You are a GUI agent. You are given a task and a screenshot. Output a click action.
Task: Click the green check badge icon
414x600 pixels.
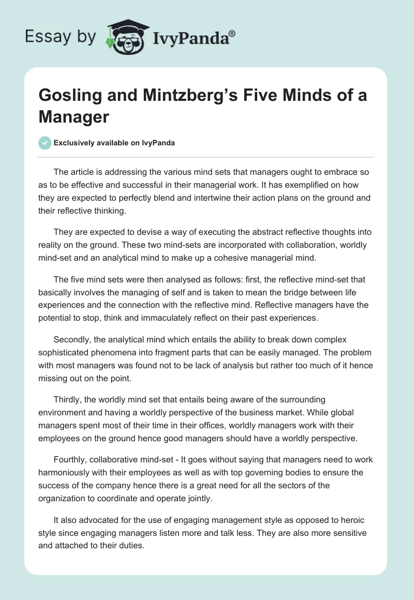[x=45, y=143]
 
